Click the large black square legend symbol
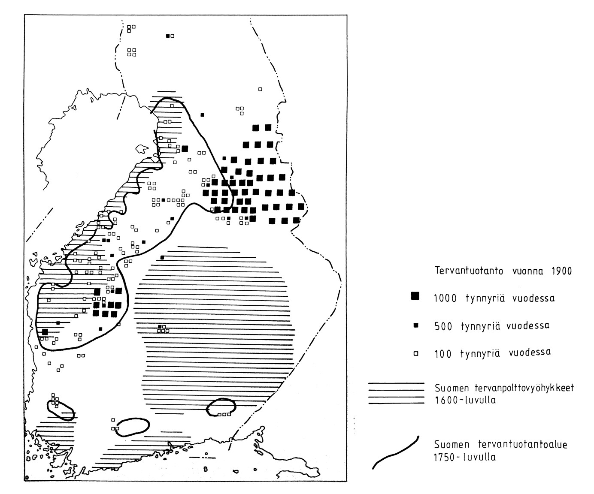pyautogui.click(x=415, y=296)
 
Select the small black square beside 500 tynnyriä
pyautogui.click(x=415, y=326)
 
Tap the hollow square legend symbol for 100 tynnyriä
pyautogui.click(x=415, y=354)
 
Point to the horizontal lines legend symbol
pyautogui.click(x=395, y=393)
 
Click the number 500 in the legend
pyautogui.click(x=443, y=326)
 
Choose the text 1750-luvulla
pyautogui.click(x=465, y=457)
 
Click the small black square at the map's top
pyautogui.click(x=168, y=36)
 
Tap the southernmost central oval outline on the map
pyautogui.click(x=133, y=426)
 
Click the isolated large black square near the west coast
pyautogui.click(x=45, y=332)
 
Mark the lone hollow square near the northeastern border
pyautogui.click(x=260, y=89)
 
